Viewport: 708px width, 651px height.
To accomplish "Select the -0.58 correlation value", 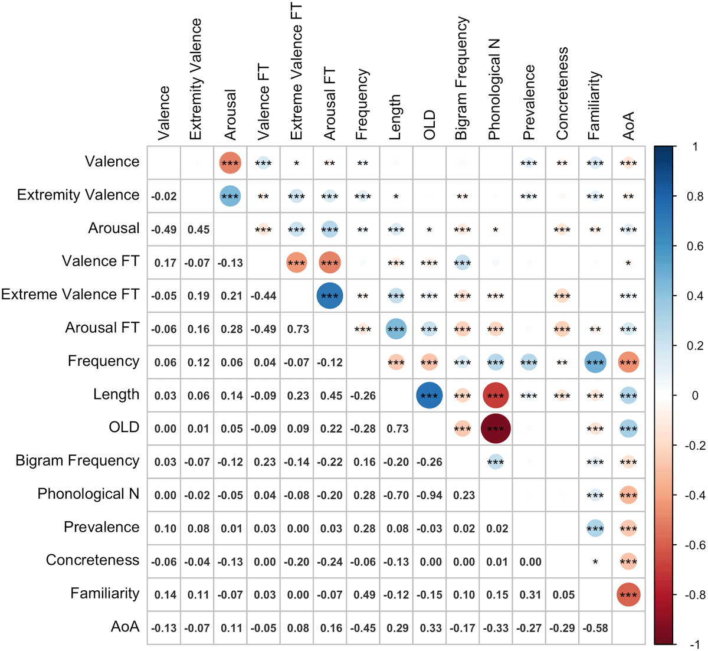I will click(x=595, y=628).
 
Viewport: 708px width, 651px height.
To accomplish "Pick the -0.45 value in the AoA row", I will click(x=363, y=628).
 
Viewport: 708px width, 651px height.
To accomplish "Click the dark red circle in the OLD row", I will click(x=496, y=428).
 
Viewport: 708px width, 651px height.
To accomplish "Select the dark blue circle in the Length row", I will click(x=429, y=395).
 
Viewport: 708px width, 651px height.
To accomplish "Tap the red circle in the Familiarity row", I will click(x=628, y=595).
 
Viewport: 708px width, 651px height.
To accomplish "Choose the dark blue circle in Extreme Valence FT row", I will click(x=329, y=296).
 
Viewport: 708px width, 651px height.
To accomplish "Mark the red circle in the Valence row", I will click(x=230, y=163).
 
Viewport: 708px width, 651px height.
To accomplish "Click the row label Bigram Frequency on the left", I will click(x=77, y=461).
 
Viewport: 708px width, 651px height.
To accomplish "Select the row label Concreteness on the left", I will click(x=93, y=560).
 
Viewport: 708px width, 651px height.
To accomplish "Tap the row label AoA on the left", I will click(x=125, y=627).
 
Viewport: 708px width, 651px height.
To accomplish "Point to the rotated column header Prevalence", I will click(x=529, y=102).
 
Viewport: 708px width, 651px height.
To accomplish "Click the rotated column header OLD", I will click(x=430, y=125).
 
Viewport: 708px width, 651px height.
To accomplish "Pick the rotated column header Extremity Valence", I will click(x=195, y=80).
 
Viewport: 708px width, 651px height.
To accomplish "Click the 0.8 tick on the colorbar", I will click(x=697, y=197).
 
